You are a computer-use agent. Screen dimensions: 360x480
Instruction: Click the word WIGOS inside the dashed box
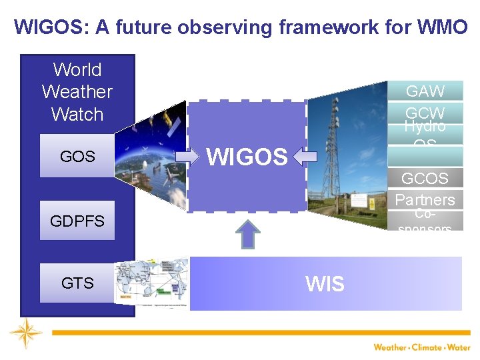247,157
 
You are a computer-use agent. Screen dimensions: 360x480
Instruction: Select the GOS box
77,156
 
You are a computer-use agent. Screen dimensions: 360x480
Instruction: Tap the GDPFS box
77,221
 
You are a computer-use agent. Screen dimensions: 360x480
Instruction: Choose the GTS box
77,283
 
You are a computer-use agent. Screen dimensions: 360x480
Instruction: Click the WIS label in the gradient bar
325,284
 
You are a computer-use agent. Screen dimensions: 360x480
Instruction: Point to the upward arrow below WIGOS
248,234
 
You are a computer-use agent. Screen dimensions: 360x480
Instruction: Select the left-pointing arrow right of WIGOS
305,156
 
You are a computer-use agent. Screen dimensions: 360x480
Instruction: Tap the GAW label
425,91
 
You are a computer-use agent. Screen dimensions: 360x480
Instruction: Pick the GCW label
425,111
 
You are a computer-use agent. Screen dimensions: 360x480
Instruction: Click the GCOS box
425,178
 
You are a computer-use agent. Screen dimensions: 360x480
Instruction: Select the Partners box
425,199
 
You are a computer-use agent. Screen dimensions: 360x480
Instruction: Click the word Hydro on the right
425,127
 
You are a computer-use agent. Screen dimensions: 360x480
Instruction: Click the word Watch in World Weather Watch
77,114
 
